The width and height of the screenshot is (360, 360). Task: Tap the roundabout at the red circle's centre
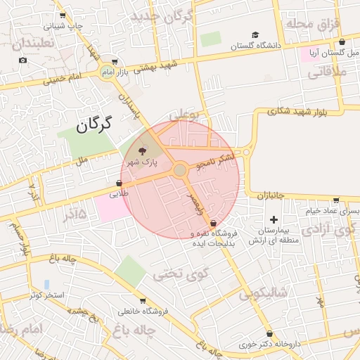point(180,170)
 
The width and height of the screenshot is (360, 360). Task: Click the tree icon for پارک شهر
point(142,151)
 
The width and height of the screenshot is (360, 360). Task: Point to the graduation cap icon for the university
point(255,34)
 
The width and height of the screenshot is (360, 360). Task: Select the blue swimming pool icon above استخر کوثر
point(46,284)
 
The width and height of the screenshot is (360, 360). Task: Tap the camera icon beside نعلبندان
point(22,60)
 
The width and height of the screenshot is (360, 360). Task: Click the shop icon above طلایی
point(118,183)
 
